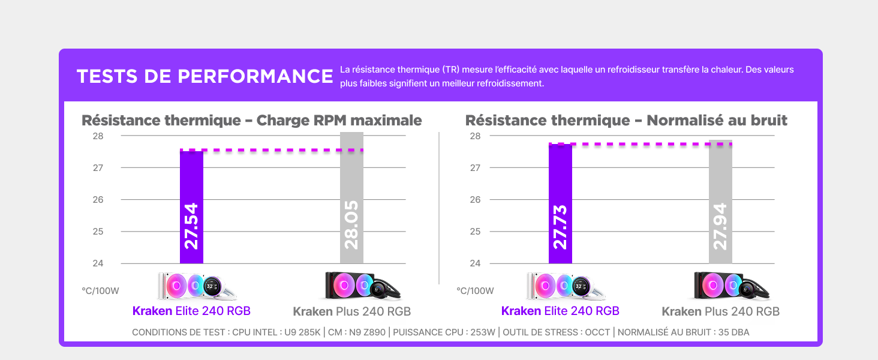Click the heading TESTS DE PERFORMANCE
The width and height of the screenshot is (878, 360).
[205, 77]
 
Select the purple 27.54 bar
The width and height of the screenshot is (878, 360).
[191, 207]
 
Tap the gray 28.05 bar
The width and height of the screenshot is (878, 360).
[351, 198]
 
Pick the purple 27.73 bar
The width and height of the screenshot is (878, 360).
[560, 204]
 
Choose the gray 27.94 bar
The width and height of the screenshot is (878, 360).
[720, 202]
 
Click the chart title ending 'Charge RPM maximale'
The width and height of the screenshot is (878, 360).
[252, 121]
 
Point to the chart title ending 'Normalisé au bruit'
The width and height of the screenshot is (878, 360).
[626, 121]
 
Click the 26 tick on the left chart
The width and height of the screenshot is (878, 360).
[98, 200]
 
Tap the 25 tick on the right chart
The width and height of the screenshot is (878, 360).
[475, 232]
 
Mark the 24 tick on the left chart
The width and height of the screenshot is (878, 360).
[98, 263]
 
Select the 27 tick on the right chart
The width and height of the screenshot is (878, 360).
[475, 168]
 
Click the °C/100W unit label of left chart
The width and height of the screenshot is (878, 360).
[100, 291]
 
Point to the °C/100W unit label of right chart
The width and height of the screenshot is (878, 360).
[475, 291]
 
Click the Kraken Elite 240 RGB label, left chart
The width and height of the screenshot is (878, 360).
[191, 311]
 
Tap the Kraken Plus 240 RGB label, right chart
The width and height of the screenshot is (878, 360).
[720, 312]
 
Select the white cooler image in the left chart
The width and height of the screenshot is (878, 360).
[197, 286]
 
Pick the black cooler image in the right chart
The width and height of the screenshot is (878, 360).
[732, 286]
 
